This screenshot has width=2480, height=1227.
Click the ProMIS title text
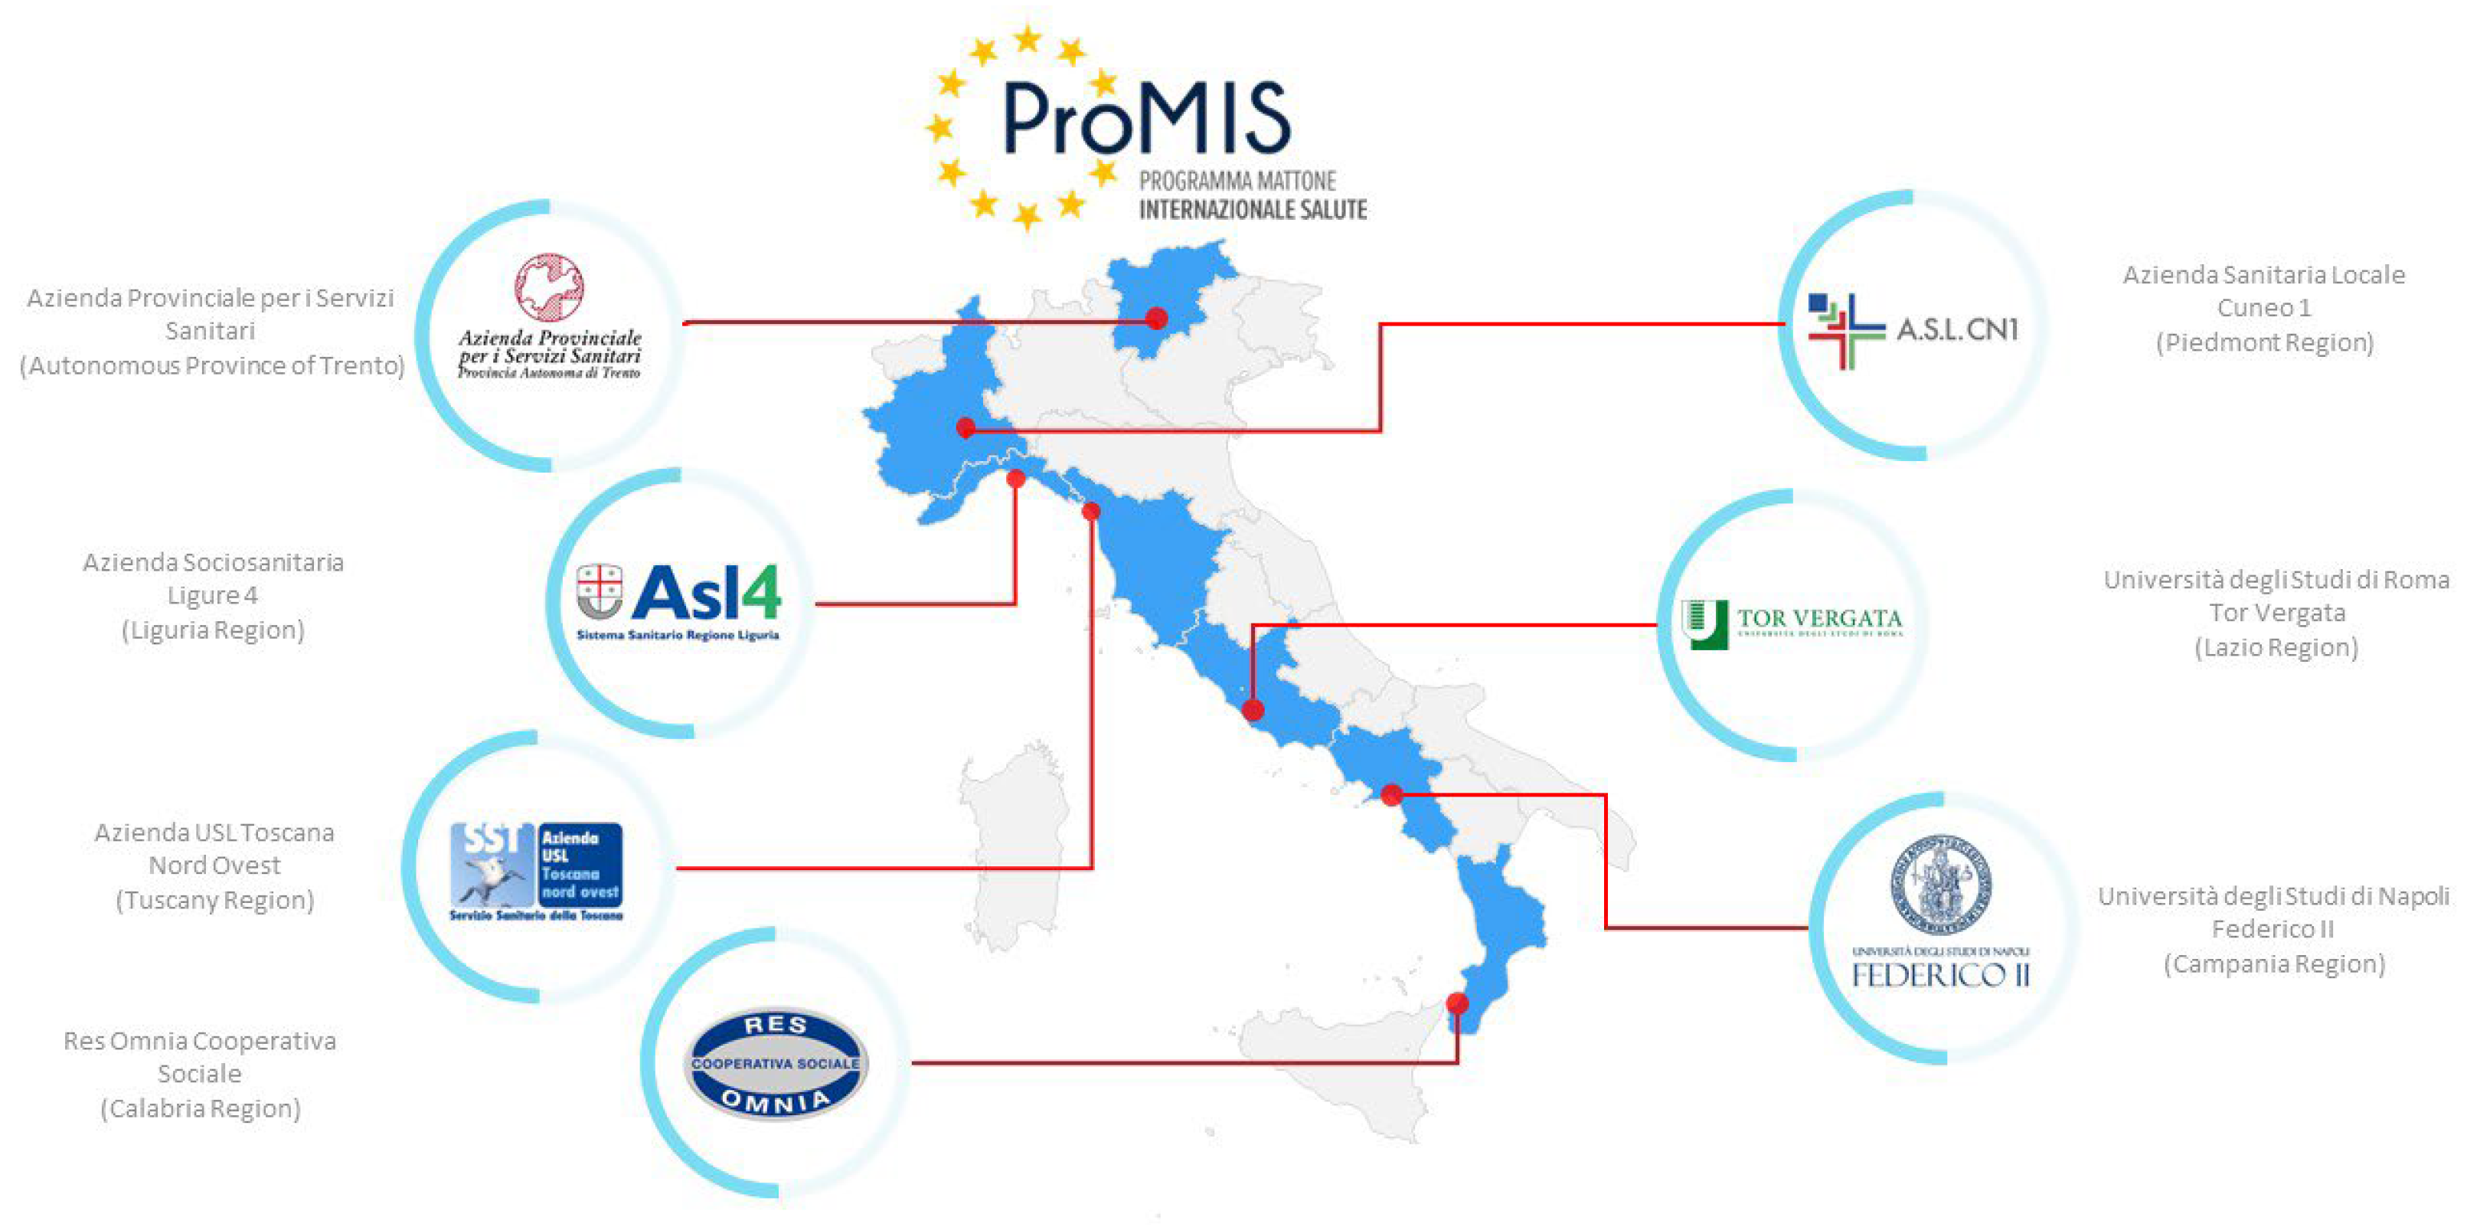[1145, 119]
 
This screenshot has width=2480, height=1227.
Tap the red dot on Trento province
[1157, 318]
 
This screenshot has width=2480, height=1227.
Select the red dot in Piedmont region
[966, 427]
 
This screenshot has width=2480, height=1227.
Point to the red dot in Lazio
[1253, 711]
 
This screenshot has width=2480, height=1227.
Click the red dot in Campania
[1391, 794]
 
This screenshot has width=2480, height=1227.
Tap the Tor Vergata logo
[1792, 623]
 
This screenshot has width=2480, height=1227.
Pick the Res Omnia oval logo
[776, 1063]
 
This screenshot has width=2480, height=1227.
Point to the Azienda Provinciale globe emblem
[549, 286]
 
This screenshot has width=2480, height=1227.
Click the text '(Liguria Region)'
[213, 630]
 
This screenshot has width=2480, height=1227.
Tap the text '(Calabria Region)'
[201, 1108]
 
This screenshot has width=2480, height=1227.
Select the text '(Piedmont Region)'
[2264, 343]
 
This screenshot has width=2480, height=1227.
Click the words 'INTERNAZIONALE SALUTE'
[1253, 210]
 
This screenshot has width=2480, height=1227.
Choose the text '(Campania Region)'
[2274, 964]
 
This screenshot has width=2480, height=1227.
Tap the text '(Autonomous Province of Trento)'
[212, 366]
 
